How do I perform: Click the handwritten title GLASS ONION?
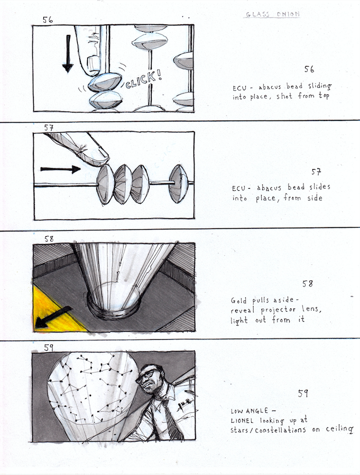pyautogui.click(x=272, y=14)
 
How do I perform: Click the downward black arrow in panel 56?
pyautogui.click(x=68, y=53)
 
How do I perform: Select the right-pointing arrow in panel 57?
pyautogui.click(x=60, y=169)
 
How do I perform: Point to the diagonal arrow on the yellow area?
pyautogui.click(x=53, y=317)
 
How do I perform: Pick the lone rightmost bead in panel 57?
pyautogui.click(x=179, y=183)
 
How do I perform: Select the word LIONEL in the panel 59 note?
pyautogui.click(x=242, y=421)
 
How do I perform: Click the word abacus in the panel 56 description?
pyautogui.click(x=270, y=87)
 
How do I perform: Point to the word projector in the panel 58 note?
pyautogui.click(x=278, y=310)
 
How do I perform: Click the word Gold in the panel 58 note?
pyautogui.click(x=238, y=300)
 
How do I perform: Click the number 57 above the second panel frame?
pyautogui.click(x=49, y=127)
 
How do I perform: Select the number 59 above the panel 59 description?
pyautogui.click(x=303, y=394)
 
